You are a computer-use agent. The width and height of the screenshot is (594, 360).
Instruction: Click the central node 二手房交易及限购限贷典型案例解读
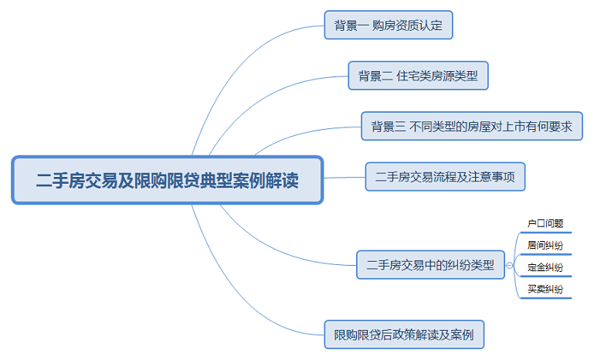[x=167, y=181]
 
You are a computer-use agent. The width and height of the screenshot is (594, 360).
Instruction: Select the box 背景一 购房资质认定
[x=388, y=25]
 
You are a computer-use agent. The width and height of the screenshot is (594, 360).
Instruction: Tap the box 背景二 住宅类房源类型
[x=418, y=76]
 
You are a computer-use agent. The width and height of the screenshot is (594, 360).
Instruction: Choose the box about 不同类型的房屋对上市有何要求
[x=471, y=127]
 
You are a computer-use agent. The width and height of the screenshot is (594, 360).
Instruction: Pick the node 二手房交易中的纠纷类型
[x=429, y=264]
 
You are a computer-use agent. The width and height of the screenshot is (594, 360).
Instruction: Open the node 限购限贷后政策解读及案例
[x=403, y=335]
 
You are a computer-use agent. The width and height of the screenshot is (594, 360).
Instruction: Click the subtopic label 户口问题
[x=545, y=223]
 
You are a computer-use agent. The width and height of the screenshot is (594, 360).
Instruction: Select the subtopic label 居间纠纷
[x=545, y=245]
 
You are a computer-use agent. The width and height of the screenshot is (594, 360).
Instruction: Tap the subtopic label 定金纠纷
[x=545, y=267]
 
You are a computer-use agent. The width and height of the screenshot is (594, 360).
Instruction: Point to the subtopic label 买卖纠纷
[x=545, y=290]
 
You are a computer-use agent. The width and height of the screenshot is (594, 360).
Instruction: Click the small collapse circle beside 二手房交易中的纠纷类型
[x=510, y=265]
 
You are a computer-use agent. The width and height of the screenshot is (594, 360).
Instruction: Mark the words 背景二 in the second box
[x=375, y=76]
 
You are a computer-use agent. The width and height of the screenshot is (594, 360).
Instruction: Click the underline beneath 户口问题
[x=545, y=231]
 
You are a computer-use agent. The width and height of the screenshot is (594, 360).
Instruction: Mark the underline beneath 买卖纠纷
[x=545, y=297]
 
